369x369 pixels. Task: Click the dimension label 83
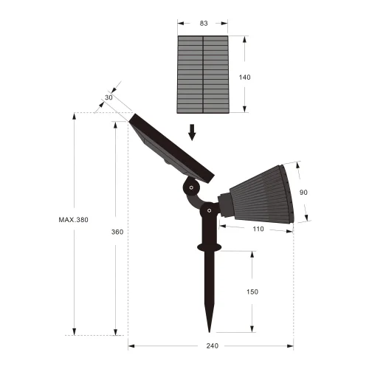click(204, 24)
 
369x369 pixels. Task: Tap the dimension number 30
click(109, 97)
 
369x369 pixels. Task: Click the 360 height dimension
click(117, 232)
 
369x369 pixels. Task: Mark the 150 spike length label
click(252, 292)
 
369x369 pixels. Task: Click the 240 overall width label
click(212, 345)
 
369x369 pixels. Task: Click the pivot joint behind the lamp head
click(211, 212)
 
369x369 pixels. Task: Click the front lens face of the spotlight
click(290, 193)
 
